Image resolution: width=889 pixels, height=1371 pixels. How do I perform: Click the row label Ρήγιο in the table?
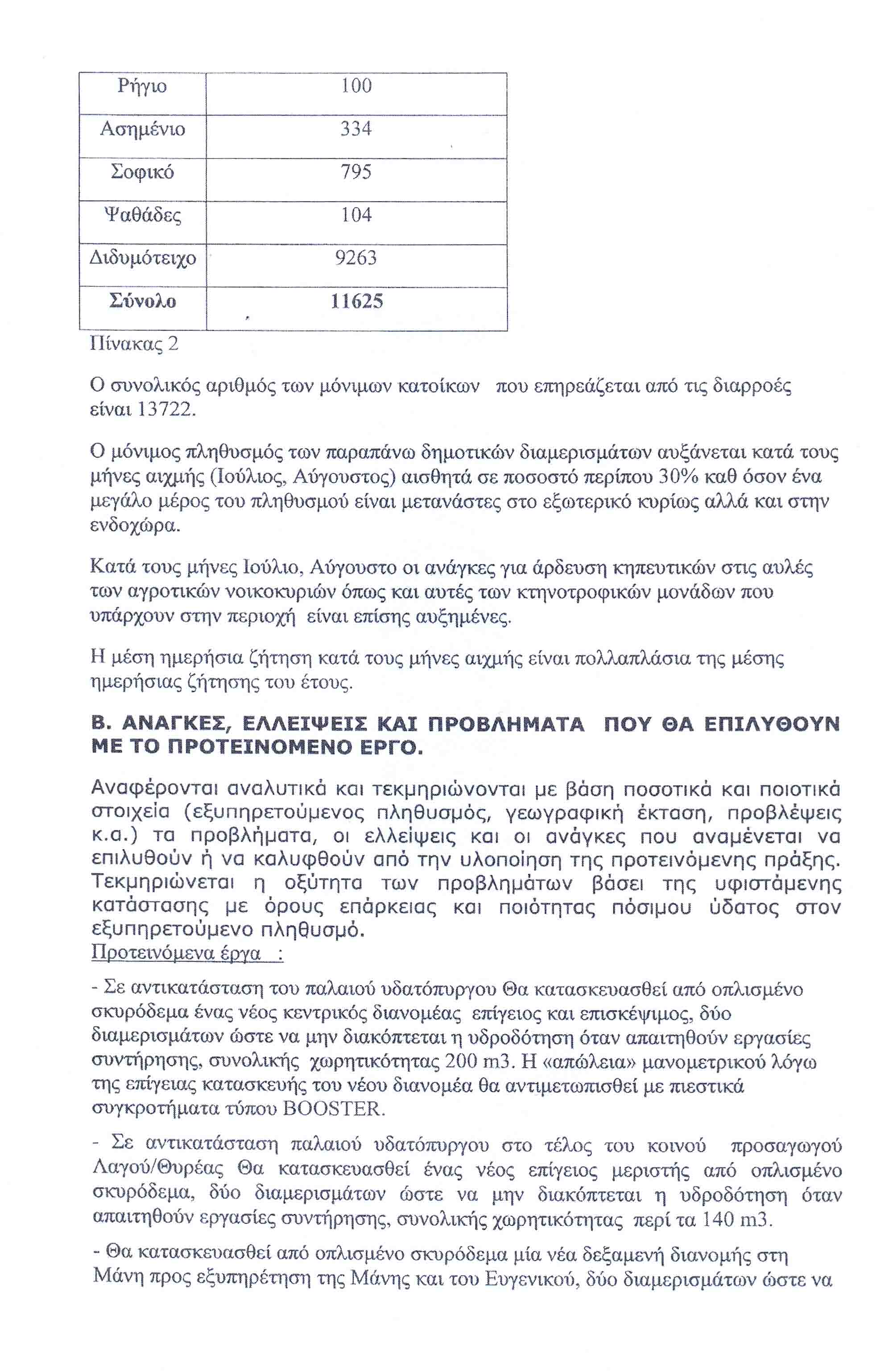142,87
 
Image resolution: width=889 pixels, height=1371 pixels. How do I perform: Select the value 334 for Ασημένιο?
356,129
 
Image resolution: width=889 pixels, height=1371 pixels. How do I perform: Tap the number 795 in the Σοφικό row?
356,172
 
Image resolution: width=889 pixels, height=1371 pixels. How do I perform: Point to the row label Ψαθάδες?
142,215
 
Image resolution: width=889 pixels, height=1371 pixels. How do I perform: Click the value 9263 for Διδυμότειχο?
356,258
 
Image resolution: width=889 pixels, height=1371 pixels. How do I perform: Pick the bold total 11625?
356,301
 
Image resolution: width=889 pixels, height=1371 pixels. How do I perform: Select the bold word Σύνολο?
142,301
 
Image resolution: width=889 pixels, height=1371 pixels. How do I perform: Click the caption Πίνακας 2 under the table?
134,344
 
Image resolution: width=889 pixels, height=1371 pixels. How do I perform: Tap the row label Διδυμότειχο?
142,258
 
